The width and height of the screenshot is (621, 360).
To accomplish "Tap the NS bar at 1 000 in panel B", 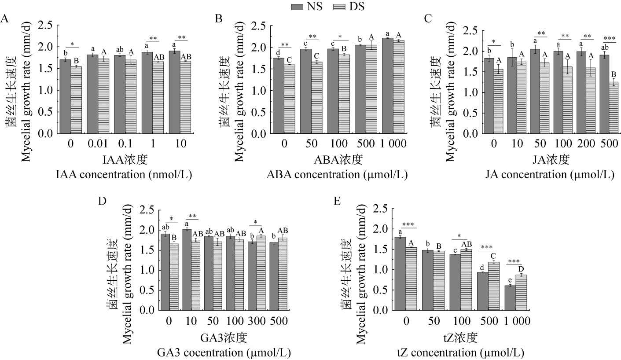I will (x=387, y=85).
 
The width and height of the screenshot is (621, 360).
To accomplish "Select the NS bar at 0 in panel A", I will (x=65, y=96).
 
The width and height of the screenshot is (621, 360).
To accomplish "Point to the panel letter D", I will (x=102, y=201).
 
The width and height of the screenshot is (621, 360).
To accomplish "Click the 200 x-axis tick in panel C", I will (x=585, y=144).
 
